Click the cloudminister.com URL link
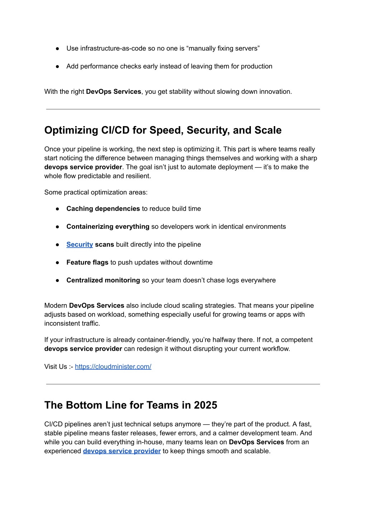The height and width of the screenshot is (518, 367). click(x=113, y=366)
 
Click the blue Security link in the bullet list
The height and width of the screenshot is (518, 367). click(x=80, y=244)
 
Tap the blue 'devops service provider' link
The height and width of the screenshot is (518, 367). click(x=121, y=451)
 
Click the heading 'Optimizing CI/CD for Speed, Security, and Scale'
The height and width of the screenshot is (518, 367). click(x=163, y=130)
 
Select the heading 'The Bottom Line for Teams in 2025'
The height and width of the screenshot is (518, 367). click(x=130, y=405)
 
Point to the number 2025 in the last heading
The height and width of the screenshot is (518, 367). click(x=205, y=405)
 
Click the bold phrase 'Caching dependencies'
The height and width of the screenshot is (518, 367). click(x=103, y=208)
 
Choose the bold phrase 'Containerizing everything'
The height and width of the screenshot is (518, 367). click(x=108, y=226)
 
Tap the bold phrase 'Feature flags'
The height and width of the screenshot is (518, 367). click(x=87, y=262)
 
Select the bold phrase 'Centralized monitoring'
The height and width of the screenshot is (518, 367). click(x=103, y=280)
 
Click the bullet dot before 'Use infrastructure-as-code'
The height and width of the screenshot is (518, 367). click(x=57, y=48)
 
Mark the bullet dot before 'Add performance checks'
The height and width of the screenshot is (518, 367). click(x=57, y=66)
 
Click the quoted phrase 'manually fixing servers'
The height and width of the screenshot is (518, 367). click(x=223, y=48)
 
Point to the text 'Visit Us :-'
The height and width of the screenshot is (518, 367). click(x=58, y=366)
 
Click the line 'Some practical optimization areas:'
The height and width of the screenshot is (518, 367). click(x=96, y=192)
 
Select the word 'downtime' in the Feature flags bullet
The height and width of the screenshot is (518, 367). click(x=199, y=262)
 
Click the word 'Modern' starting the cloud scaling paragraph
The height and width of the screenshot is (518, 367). click(x=56, y=306)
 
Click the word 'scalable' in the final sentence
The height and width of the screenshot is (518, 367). click(x=257, y=451)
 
